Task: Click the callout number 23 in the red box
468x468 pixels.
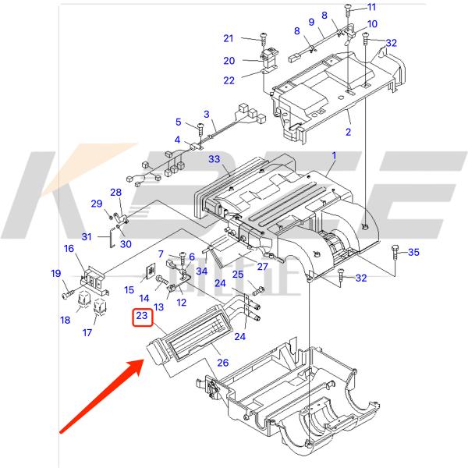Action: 142,316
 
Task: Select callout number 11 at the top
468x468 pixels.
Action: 371,8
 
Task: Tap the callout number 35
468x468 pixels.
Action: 413,252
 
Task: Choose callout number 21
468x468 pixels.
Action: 229,38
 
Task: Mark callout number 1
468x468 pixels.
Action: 333,157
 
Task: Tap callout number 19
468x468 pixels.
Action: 56,273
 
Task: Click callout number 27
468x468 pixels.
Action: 262,268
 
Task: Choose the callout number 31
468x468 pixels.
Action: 87,237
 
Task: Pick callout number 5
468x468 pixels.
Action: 178,122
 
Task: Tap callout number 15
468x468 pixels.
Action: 129,290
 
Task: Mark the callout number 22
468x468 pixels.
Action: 229,81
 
